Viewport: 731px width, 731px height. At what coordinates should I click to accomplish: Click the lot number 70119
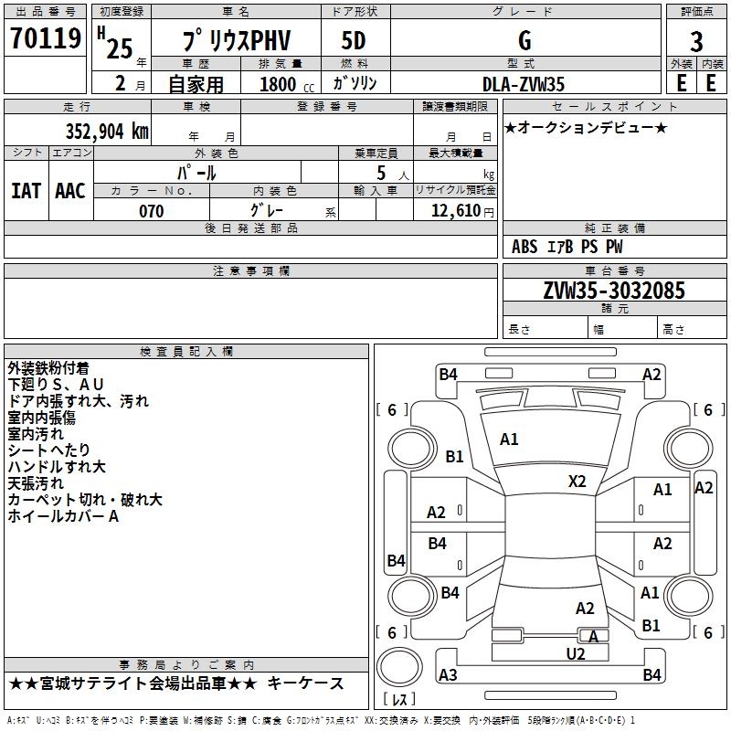tap(46, 38)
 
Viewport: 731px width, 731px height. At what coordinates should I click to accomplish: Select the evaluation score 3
tap(696, 42)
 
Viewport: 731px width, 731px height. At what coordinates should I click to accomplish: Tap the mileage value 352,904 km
tap(107, 131)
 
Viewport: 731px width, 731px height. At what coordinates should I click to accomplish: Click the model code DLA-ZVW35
tap(523, 84)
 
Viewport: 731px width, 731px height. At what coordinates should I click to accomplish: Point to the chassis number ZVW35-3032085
tap(614, 291)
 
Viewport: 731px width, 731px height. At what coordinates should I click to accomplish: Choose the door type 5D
tap(354, 40)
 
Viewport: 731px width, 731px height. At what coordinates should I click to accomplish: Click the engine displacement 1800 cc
tap(287, 84)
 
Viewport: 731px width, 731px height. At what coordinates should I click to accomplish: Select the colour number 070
tap(152, 211)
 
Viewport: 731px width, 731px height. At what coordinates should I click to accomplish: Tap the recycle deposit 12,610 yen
tap(462, 211)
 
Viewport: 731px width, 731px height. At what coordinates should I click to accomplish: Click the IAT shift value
tap(26, 191)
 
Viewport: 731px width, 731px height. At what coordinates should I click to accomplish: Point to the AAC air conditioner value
tap(70, 191)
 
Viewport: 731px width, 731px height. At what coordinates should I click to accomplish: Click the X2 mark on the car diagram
tap(577, 482)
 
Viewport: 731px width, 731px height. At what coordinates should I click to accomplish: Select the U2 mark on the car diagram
tap(576, 654)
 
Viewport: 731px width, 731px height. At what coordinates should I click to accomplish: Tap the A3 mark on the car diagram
tap(448, 674)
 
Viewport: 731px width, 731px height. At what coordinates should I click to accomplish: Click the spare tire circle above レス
tap(399, 667)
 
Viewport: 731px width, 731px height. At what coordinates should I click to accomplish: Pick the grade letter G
tap(524, 40)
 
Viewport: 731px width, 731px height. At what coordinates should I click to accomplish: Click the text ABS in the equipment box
tap(524, 247)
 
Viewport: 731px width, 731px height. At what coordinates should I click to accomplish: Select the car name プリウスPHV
tap(236, 39)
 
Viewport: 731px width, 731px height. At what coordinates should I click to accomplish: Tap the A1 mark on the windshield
tap(509, 440)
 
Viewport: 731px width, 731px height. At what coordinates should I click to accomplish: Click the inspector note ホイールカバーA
tap(63, 516)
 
